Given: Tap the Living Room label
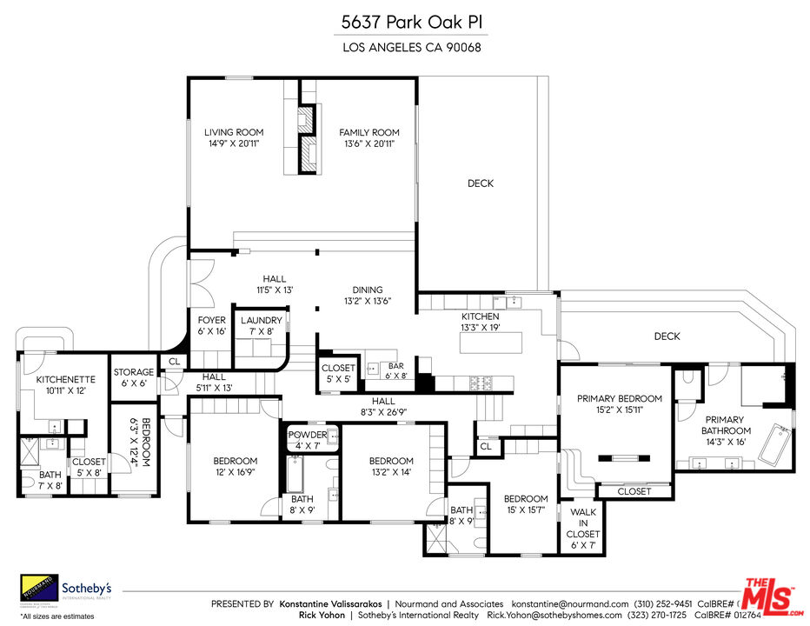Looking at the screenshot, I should (x=234, y=138).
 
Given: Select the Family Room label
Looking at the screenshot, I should (x=368, y=138).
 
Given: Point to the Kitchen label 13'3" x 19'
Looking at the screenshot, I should (x=480, y=323).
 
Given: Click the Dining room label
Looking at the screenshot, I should (x=367, y=296).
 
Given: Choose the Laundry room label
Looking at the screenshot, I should (x=262, y=326).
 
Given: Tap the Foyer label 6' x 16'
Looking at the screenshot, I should (x=212, y=326).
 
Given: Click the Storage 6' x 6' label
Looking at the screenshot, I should (x=134, y=378).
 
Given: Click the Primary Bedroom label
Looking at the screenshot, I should (x=620, y=404).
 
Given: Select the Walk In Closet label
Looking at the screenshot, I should (x=581, y=523).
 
